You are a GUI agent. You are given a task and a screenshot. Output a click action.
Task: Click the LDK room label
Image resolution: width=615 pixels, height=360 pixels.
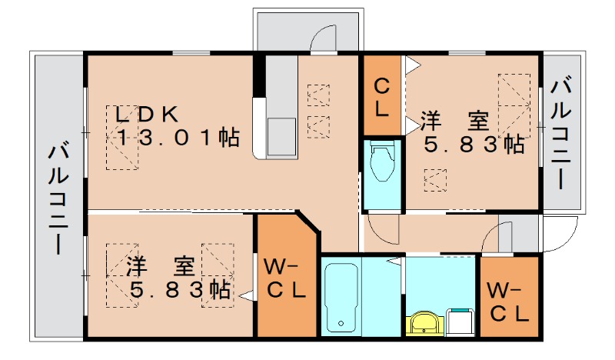(x=146, y=115)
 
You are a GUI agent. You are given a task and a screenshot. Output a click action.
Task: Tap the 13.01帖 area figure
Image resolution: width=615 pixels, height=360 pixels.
(x=178, y=138)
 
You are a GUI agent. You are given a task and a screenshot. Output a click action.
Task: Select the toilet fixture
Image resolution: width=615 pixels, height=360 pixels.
(x=382, y=163)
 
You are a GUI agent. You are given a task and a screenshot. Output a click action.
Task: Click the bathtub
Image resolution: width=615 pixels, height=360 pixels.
(x=341, y=298)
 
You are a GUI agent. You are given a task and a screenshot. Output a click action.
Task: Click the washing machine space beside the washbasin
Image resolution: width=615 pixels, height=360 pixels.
(x=460, y=322)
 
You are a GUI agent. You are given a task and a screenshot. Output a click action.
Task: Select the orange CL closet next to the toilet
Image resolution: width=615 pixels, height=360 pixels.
(x=381, y=95)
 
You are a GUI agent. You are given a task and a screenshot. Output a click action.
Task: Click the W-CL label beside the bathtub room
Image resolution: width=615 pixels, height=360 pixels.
(x=284, y=278)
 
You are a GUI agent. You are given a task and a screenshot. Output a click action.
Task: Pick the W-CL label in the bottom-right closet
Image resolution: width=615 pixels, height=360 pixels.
(x=508, y=302)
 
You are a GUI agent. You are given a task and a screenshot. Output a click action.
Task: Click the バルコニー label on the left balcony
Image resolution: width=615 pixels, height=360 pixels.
(x=59, y=199)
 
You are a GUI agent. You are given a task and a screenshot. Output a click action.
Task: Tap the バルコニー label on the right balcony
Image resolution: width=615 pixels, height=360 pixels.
(x=561, y=134)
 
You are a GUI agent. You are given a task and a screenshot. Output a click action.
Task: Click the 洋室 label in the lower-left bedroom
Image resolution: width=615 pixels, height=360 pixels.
(x=161, y=266)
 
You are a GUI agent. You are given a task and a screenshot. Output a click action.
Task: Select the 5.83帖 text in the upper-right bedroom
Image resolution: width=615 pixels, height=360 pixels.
(x=474, y=145)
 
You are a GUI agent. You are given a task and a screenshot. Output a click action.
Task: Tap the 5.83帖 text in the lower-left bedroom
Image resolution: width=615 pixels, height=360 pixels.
(x=180, y=290)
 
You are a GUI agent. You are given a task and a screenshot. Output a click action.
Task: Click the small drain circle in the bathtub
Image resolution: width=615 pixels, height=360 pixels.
(x=341, y=324)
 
